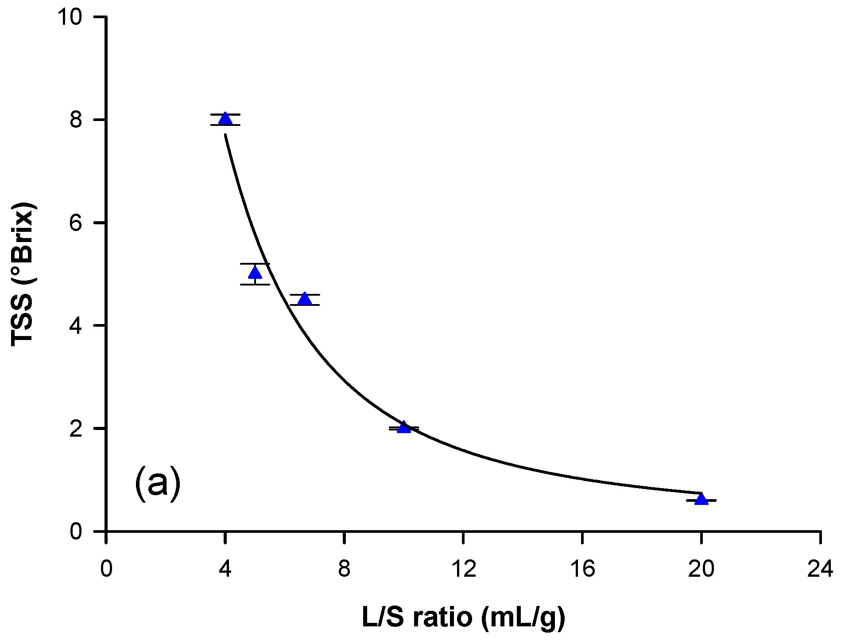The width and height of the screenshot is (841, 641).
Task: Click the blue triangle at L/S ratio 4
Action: pos(225,119)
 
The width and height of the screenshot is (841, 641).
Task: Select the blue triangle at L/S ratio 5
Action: pos(255,273)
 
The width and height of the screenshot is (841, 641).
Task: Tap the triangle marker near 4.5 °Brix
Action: pos(305,299)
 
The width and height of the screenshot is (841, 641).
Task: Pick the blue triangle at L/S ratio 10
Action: pos(404,427)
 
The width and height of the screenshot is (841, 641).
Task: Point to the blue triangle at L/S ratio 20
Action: pos(701,500)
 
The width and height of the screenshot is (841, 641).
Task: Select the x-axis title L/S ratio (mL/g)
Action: pos(464,617)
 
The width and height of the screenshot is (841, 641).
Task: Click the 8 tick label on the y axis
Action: pos(76,120)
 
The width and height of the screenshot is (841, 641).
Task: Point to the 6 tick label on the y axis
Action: pos(76,223)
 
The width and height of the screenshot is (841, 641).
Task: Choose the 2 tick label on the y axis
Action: pos(76,428)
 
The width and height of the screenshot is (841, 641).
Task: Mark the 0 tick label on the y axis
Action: pos(76,531)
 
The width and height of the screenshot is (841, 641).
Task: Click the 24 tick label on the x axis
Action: pos(820,569)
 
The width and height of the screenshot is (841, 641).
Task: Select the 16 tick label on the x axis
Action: pos(582,569)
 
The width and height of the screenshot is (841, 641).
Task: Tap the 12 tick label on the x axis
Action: pos(463,569)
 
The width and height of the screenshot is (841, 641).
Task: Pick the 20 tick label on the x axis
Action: pos(701,569)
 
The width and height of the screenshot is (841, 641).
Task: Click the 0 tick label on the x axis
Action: pos(106,569)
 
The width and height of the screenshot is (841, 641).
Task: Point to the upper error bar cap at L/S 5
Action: pos(255,264)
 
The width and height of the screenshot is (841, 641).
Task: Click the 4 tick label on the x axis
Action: pos(225,569)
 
